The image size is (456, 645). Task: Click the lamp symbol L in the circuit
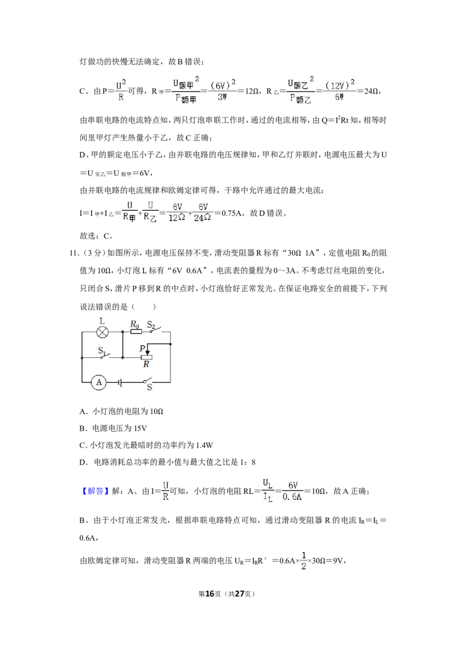tap(102, 332)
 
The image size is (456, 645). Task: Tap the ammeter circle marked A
tap(99, 382)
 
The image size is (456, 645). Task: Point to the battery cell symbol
tap(120, 382)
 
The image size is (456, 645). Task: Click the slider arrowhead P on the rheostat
tap(148, 353)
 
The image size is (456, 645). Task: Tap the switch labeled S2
tap(154, 330)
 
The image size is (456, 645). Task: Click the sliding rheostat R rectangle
tap(146, 357)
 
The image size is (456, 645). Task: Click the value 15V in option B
tap(140, 428)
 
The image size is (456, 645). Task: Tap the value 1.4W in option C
tap(205, 445)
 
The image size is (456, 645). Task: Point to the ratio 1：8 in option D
tap(248, 462)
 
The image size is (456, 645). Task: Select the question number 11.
tap(74, 253)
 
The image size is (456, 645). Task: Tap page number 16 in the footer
tap(210, 594)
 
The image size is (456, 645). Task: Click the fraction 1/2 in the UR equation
tap(303, 561)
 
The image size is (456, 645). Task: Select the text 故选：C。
tap(96, 236)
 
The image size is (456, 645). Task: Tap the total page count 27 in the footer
tap(239, 594)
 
